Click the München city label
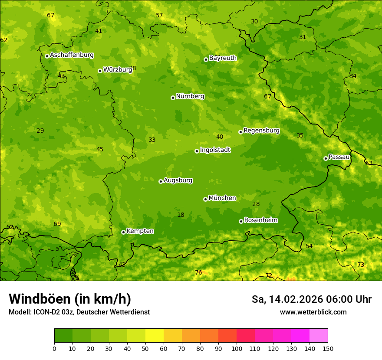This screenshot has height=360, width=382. pyautogui.click(x=222, y=198)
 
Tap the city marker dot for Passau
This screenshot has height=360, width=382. pyautogui.click(x=326, y=158)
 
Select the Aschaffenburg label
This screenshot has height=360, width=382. pyautogui.click(x=72, y=55)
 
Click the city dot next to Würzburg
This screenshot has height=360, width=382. pyautogui.click(x=100, y=71)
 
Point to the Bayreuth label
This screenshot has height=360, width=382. pyautogui.click(x=223, y=58)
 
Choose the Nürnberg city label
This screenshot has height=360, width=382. pyautogui.click(x=190, y=96)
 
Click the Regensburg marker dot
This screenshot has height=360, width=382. pyautogui.click(x=240, y=132)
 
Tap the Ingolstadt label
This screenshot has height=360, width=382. pyautogui.click(x=215, y=150)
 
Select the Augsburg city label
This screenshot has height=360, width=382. pyautogui.click(x=178, y=180)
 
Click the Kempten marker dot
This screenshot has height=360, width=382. pyautogui.click(x=123, y=232)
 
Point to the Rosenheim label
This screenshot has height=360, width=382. pyautogui.click(x=260, y=220)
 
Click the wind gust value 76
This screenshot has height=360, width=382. pyautogui.click(x=198, y=272)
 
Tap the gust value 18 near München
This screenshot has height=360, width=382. pyautogui.click(x=181, y=215)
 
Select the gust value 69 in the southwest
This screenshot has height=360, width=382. pyautogui.click(x=57, y=224)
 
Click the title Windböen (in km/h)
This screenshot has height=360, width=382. pyautogui.click(x=70, y=299)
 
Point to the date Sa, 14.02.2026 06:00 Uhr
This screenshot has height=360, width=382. pyautogui.click(x=311, y=299)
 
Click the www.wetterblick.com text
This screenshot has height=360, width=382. pyautogui.click(x=313, y=312)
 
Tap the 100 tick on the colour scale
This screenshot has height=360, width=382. pyautogui.click(x=237, y=349)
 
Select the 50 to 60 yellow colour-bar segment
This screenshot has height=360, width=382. pyautogui.click(x=155, y=336)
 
